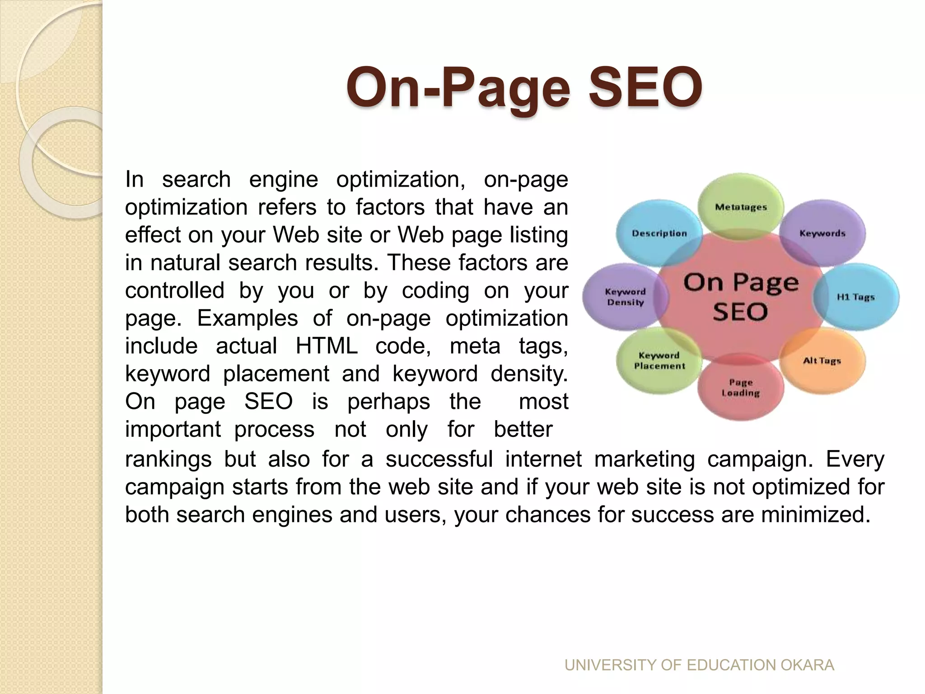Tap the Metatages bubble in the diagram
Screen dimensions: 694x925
(741, 207)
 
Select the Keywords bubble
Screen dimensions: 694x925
(822, 233)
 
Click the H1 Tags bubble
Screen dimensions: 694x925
(855, 297)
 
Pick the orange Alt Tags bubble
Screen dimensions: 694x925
(822, 361)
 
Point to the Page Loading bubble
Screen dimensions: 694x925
(741, 388)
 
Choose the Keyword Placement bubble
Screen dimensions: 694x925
(659, 361)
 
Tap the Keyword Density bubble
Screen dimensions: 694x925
(625, 297)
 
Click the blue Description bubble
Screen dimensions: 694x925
(659, 233)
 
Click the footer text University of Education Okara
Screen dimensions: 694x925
(699, 665)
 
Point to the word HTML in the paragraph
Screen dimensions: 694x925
(327, 346)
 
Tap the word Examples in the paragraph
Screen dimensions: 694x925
(248, 318)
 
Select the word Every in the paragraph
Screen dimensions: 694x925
(855, 459)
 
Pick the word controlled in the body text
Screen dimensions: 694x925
(175, 290)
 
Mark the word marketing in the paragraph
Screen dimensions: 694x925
(645, 459)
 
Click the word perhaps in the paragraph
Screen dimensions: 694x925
(388, 401)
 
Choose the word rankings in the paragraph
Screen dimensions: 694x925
(168, 459)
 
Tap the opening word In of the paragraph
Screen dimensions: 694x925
(134, 179)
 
